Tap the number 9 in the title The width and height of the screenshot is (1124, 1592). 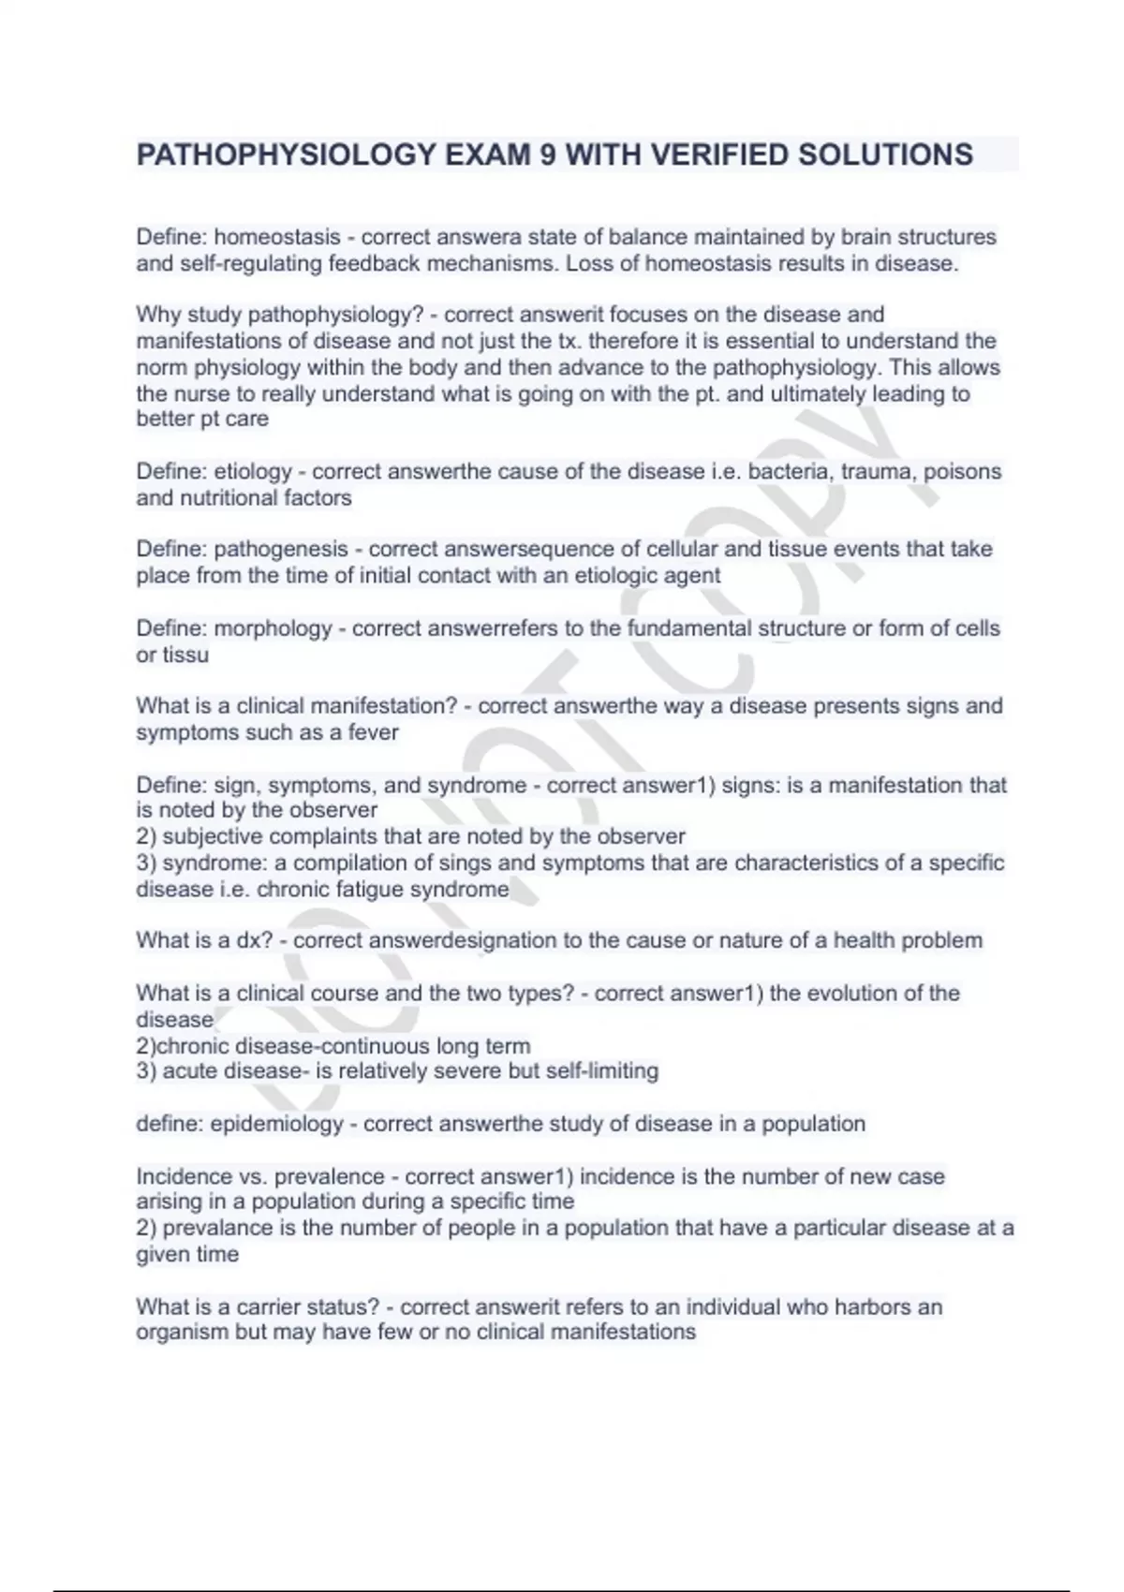tap(547, 155)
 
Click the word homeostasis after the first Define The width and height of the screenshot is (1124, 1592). tap(277, 237)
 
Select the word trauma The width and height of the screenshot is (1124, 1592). tap(876, 471)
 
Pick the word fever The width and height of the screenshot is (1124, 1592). tap(373, 732)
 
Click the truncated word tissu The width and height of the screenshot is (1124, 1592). tap(185, 655)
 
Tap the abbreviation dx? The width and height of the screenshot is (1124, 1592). tap(254, 940)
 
